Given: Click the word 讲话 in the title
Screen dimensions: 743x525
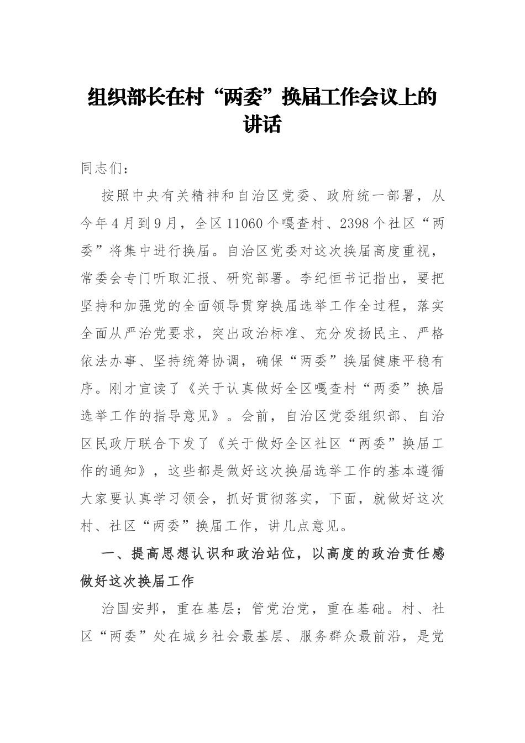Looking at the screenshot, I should [x=262, y=124].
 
